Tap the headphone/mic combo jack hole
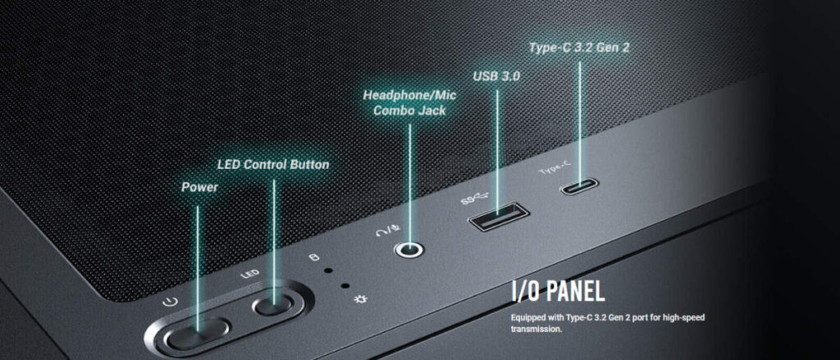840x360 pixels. coord(410,248)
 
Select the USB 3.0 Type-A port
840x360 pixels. coord(498,216)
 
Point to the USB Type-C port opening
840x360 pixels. coord(578,187)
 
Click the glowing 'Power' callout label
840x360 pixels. coord(199,187)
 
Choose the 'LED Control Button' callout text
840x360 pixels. coord(273,165)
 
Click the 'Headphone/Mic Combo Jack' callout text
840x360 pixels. coord(410,103)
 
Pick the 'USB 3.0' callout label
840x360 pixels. coord(496,76)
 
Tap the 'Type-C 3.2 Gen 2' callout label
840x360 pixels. coord(578,47)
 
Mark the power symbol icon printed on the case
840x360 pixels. coord(170,302)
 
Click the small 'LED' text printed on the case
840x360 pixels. coord(250,274)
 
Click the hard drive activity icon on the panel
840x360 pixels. coord(314,257)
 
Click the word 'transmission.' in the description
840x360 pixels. coord(536,329)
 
